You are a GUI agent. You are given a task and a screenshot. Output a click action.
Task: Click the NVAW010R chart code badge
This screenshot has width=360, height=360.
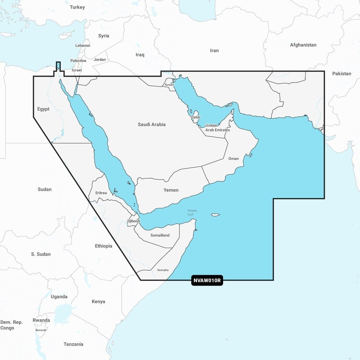point(207,281)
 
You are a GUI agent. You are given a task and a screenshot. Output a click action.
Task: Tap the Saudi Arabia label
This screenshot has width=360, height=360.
point(152,124)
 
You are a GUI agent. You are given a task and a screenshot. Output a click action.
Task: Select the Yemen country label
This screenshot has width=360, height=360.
point(171,190)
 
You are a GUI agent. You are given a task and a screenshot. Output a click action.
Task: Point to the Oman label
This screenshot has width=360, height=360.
point(234,159)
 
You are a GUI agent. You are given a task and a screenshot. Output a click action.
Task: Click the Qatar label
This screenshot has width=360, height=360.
point(196,117)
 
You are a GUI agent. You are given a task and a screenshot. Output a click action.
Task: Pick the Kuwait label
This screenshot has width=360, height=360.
point(169,85)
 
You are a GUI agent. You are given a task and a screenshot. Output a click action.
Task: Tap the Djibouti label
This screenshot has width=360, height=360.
point(134,221)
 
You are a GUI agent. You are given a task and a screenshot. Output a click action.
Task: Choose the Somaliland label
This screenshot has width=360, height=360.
point(160,235)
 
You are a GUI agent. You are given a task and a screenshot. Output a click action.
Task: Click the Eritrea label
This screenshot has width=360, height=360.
point(101,193)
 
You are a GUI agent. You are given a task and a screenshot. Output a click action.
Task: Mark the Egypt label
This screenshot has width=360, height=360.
point(43,109)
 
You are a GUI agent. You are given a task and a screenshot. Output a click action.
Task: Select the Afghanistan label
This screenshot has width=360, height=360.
point(303,45)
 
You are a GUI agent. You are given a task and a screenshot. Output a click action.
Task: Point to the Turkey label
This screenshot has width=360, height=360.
point(77,7)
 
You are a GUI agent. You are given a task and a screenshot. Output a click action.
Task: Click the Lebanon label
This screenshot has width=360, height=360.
point(83,46)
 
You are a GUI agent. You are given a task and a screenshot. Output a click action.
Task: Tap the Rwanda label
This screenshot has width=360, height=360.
point(41,320)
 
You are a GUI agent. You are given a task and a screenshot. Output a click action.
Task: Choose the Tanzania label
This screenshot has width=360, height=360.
point(73,344)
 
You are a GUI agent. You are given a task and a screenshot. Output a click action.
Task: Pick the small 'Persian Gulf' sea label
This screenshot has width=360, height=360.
point(192,212)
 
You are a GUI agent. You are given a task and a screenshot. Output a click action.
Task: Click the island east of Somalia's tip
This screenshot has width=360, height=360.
point(216,215)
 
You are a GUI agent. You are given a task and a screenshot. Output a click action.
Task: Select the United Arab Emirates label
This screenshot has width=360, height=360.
point(217,128)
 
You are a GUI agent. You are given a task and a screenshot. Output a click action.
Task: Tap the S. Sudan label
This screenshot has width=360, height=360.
point(41,254)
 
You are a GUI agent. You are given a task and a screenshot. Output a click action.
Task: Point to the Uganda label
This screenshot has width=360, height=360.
point(59,297)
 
